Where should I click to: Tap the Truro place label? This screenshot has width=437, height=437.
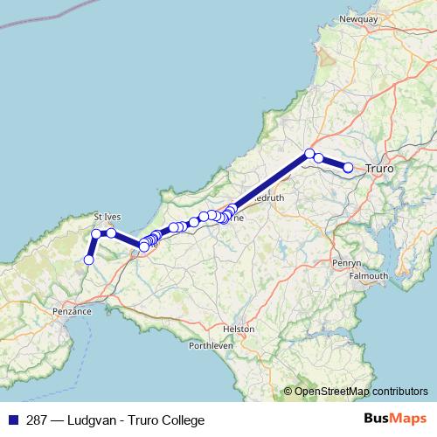[x=378, y=167]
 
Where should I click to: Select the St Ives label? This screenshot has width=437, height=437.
[x=108, y=216]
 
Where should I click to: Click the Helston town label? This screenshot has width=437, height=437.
[x=239, y=329]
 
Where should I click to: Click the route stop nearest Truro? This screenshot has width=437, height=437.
[x=348, y=167]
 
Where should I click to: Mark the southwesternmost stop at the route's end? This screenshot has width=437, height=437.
[x=88, y=260]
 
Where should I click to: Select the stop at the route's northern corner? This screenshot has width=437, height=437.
[x=309, y=154]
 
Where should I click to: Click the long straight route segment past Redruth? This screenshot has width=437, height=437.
[x=271, y=181]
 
